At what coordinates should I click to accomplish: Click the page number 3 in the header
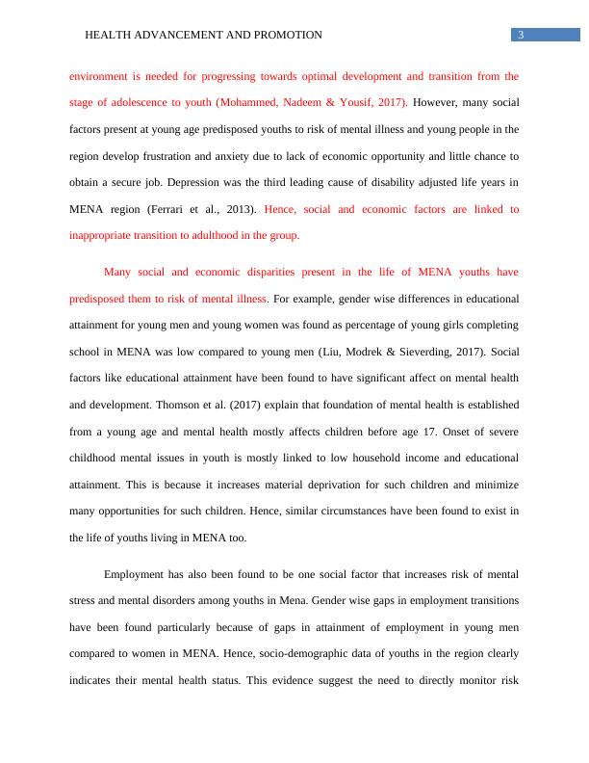coord(521,36)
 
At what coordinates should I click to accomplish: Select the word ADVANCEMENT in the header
coord(178,36)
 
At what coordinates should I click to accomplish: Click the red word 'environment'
coord(100,75)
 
